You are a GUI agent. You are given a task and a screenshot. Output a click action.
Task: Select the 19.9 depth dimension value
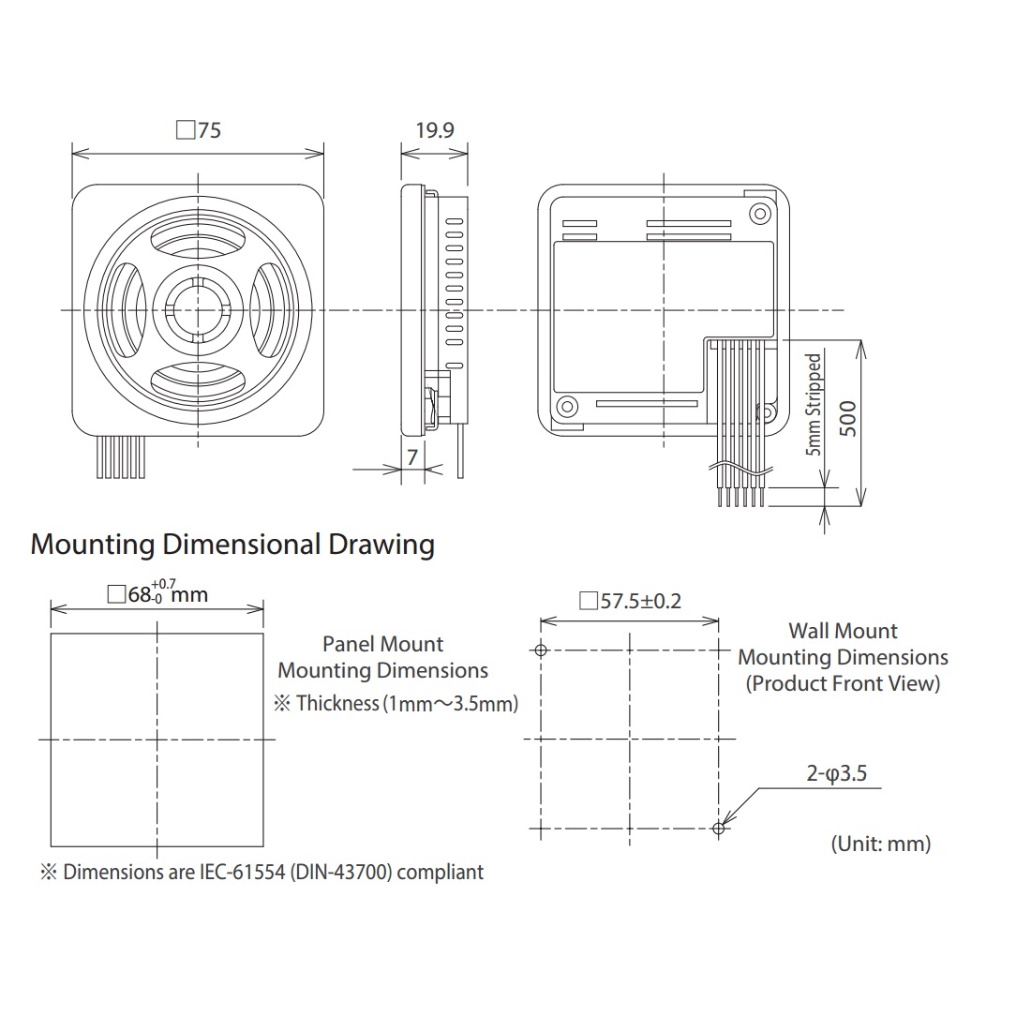[x=435, y=130]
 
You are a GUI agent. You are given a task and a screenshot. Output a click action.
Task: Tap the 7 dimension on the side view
[x=412, y=457]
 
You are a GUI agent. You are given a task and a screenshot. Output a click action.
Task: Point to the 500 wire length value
[x=848, y=418]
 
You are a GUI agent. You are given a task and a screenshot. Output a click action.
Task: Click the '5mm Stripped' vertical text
[x=814, y=404]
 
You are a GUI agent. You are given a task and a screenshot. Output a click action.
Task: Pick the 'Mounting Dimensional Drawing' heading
[x=232, y=545]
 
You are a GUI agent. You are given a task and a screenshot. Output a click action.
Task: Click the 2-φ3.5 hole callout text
[x=836, y=773]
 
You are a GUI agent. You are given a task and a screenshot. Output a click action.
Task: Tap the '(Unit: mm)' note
[x=881, y=844]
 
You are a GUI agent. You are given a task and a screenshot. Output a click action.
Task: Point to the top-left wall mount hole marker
[x=541, y=650]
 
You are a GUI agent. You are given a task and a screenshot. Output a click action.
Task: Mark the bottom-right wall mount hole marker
[x=719, y=829]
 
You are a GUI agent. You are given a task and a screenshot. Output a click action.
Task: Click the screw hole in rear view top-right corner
[x=761, y=214]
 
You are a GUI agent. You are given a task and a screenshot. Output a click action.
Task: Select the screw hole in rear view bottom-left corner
[x=567, y=406]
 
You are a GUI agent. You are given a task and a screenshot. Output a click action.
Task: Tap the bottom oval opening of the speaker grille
[x=198, y=381]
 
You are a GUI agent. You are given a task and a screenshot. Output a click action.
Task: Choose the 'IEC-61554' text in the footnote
[x=241, y=873]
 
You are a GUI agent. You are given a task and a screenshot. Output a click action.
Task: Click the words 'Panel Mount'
[x=382, y=645]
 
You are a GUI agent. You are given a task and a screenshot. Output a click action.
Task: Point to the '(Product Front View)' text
[x=843, y=684]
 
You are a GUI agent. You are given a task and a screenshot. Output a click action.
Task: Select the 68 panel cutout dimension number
[x=139, y=594]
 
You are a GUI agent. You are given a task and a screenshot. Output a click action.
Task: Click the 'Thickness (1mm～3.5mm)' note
[x=407, y=704]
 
